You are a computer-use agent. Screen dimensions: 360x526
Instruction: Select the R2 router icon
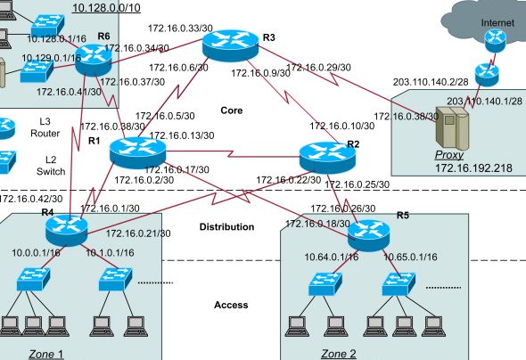(x=321, y=156)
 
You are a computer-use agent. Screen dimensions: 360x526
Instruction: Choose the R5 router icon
(x=368, y=233)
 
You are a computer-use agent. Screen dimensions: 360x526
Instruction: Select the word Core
(x=232, y=110)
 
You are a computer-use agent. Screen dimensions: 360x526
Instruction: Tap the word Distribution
(x=226, y=227)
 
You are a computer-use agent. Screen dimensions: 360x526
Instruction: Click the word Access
(x=231, y=306)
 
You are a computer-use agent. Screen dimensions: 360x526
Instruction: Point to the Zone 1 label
(x=45, y=353)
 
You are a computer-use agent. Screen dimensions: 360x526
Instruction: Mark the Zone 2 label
(x=338, y=353)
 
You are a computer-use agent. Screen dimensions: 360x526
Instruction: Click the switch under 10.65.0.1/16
(x=399, y=284)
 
